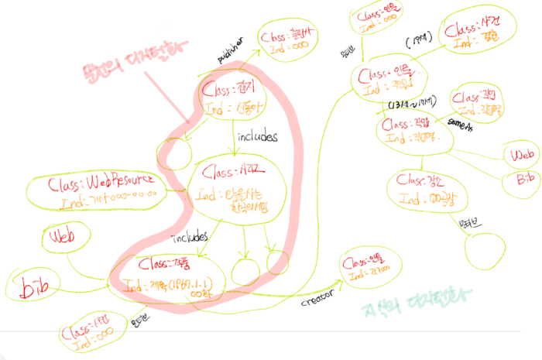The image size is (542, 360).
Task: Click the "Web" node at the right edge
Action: click(x=520, y=154)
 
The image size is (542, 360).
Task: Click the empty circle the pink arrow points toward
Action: click(x=173, y=155)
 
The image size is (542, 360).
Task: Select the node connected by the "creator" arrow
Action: click(x=367, y=269)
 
